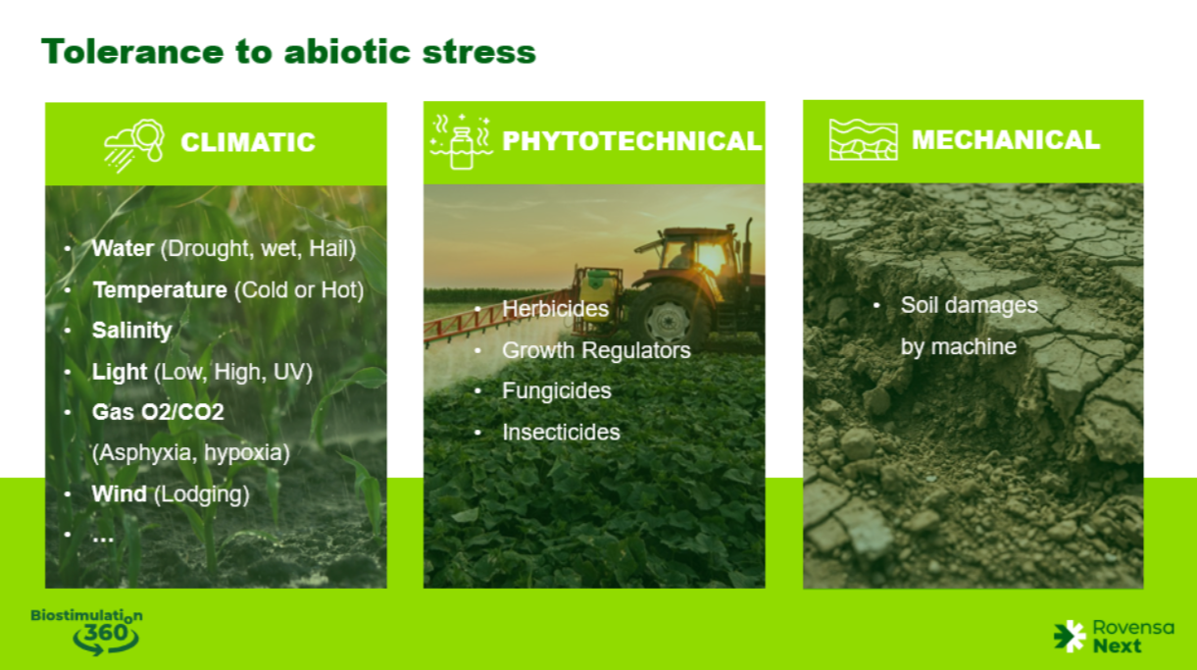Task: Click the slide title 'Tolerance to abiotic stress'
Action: tap(288, 52)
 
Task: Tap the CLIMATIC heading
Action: tap(248, 142)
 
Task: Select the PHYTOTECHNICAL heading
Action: tap(632, 141)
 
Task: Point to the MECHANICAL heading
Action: tap(1006, 139)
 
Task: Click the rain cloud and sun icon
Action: tap(133, 145)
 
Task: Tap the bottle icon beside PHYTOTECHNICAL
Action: tap(461, 141)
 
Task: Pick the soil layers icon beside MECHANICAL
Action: tap(863, 139)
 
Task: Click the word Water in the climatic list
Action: tap(123, 248)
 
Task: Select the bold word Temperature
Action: tap(160, 290)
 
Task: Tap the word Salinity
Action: tap(132, 331)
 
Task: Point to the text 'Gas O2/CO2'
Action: tap(158, 412)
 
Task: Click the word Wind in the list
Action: tap(120, 494)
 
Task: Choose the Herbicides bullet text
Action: tap(555, 309)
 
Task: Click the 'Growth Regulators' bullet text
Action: tap(596, 351)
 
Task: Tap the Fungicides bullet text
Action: tap(556, 390)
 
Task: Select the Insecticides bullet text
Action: tap(561, 432)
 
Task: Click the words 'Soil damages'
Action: tap(969, 306)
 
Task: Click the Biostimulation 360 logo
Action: tap(87, 632)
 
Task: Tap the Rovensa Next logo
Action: tap(1115, 637)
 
